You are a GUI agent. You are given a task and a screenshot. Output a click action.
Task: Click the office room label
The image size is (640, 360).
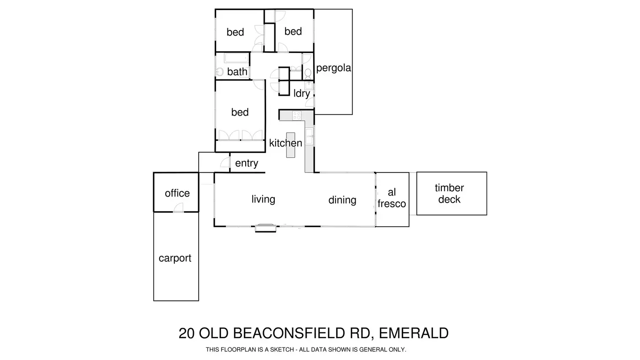click(x=177, y=193)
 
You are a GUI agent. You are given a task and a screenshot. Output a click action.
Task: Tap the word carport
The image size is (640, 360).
click(x=175, y=258)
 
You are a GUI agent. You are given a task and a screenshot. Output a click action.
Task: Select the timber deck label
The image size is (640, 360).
click(x=449, y=193)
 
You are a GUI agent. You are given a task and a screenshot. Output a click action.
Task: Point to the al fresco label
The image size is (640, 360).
click(x=391, y=198)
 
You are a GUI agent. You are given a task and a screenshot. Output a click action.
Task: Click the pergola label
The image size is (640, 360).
click(x=333, y=68)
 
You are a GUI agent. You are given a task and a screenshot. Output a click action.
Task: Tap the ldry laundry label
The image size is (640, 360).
click(x=302, y=93)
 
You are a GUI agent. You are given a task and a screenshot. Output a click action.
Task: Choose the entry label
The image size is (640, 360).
click(x=247, y=163)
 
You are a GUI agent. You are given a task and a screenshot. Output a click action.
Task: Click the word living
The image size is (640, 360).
click(x=263, y=199)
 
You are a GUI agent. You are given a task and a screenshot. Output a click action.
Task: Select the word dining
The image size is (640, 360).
click(x=342, y=200)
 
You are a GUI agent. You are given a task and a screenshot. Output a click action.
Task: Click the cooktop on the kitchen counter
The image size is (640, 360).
click(x=297, y=116)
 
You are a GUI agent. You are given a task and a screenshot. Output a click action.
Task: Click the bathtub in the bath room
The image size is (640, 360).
click(x=236, y=58)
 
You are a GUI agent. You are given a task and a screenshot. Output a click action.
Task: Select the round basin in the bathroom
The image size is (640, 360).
click(x=220, y=72)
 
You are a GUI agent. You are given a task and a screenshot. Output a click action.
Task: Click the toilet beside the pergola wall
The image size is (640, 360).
click(x=308, y=72)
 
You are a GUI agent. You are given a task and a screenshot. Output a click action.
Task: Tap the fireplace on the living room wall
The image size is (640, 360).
click(x=265, y=227)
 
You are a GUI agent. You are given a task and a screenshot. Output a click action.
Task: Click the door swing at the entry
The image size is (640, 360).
click(x=225, y=163)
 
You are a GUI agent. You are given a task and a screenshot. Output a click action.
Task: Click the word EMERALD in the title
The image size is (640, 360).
click(x=413, y=333)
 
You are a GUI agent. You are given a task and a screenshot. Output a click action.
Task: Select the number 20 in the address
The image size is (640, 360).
click(x=187, y=333)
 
